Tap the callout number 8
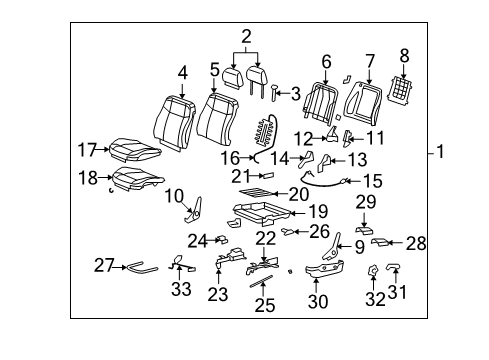tap(405, 56)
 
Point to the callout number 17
tap(86, 150)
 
